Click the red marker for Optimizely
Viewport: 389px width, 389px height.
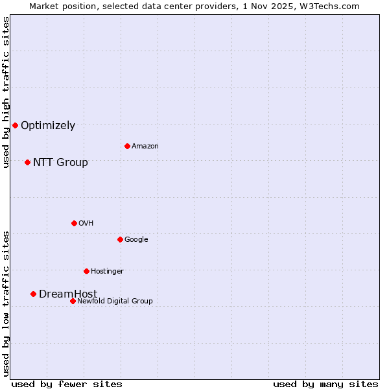[x=15, y=125]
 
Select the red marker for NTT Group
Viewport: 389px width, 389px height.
[x=27, y=162]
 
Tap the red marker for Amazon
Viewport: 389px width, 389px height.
[x=127, y=146]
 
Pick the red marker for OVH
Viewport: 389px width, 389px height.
[x=74, y=223]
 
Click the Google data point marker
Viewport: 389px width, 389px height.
[x=120, y=239]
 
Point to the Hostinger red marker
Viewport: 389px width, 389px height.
[x=86, y=271]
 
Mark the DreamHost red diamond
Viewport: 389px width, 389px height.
[x=33, y=294]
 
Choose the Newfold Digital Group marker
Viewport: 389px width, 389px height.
[x=73, y=301]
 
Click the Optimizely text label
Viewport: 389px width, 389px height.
[x=48, y=126]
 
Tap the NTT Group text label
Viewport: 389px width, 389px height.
[x=60, y=163]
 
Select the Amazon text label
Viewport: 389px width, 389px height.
[x=145, y=147]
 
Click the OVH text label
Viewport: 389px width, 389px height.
[x=86, y=224]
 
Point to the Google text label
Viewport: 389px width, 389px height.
[x=136, y=240]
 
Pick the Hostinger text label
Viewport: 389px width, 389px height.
[x=107, y=272]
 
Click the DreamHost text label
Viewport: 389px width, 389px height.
[x=68, y=294]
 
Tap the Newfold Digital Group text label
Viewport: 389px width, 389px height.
[x=115, y=301]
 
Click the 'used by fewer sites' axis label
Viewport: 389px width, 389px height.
[x=67, y=384]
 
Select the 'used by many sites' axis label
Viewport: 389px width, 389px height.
[x=325, y=384]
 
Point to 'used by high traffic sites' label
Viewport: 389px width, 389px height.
[x=6, y=92]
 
